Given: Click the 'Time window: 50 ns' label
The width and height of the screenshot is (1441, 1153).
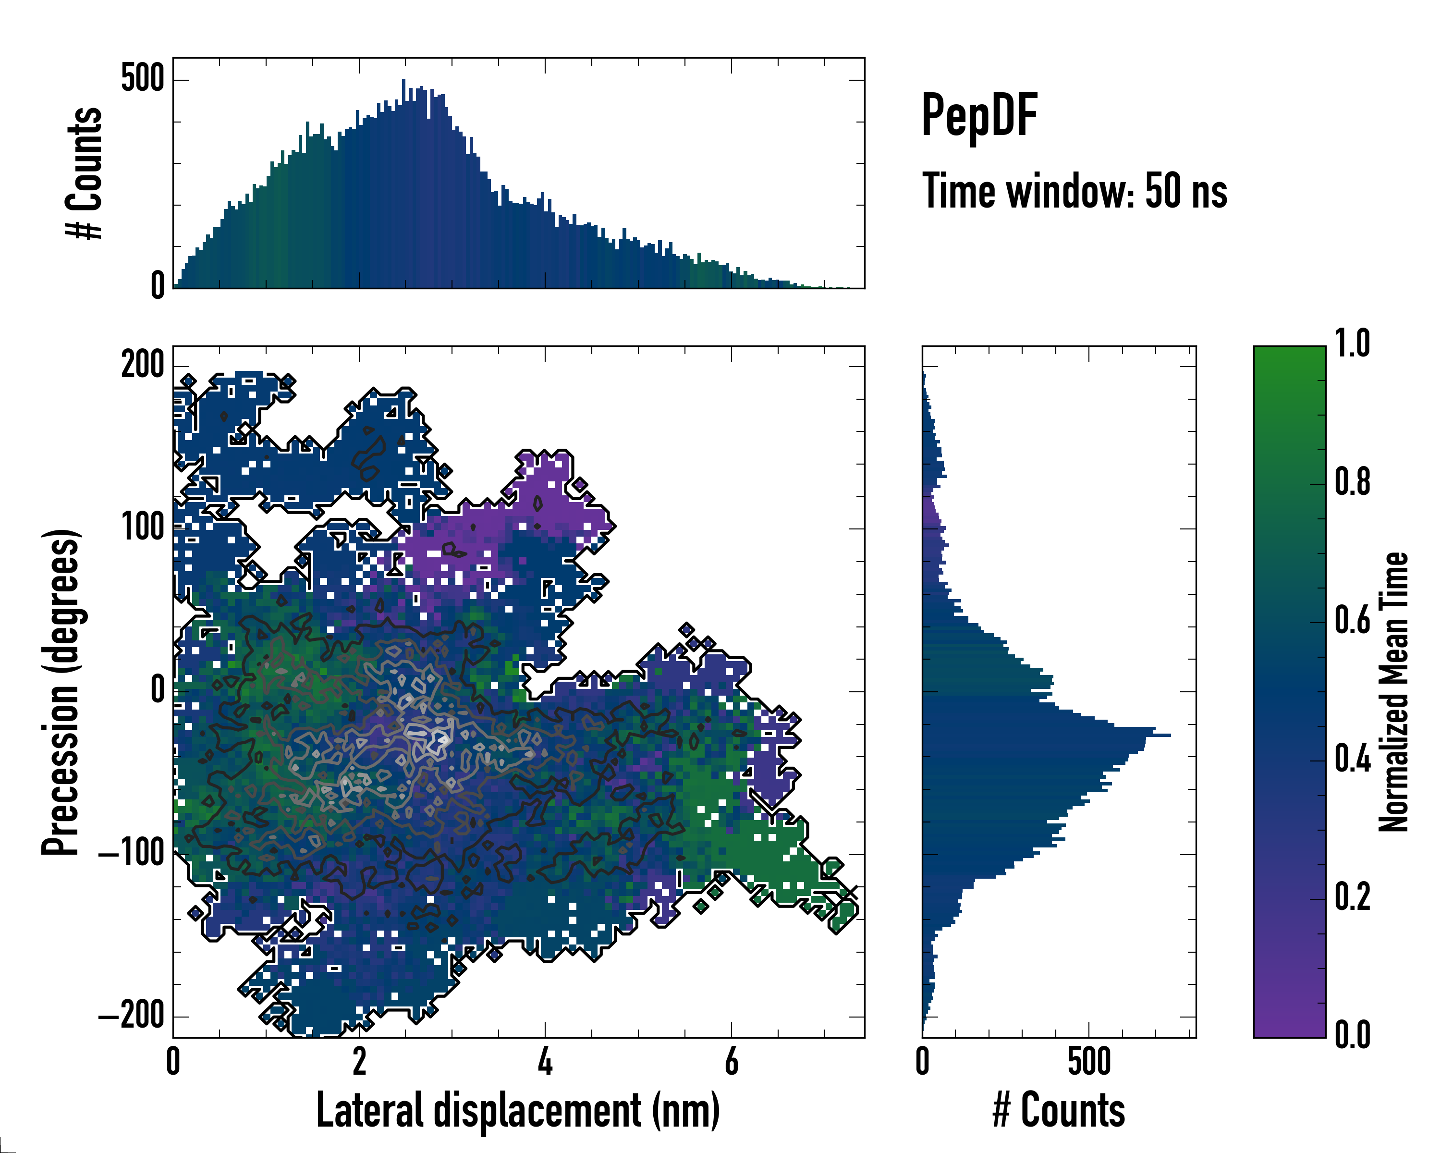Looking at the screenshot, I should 1074,191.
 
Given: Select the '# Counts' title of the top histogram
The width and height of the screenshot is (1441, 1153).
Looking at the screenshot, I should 84,173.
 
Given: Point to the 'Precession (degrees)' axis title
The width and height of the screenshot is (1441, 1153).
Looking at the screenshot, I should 61,692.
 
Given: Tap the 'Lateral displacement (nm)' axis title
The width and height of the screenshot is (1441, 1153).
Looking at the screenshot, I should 518,1110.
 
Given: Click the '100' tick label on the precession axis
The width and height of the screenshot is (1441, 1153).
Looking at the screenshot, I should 142,527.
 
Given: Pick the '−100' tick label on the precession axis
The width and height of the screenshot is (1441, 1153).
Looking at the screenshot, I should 132,854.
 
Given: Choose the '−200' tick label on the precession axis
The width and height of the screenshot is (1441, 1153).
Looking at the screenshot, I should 132,1017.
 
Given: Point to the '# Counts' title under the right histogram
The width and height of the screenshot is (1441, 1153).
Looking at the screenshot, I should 1059,1110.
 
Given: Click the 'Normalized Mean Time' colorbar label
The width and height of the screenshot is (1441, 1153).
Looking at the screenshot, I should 1393,692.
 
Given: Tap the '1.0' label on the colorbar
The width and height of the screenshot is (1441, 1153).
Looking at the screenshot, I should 1352,344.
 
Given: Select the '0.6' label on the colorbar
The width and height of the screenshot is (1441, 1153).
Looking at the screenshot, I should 1352,621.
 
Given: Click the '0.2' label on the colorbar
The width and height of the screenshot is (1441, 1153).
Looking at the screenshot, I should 1352,898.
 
